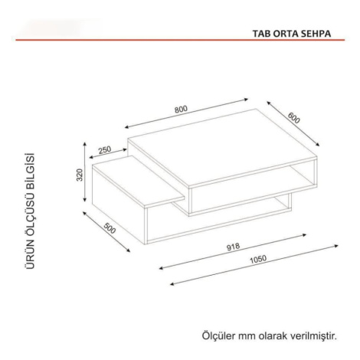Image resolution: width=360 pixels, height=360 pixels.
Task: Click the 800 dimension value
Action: tap(181, 109)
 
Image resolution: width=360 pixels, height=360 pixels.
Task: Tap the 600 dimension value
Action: tap(294, 118)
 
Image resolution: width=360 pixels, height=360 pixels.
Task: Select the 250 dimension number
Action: tap(105, 149)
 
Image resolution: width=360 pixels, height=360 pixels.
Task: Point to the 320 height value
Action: tap(80, 175)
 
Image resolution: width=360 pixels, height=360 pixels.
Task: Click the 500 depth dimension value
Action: tap(110, 228)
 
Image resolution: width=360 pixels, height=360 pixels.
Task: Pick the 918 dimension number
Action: tap(234, 247)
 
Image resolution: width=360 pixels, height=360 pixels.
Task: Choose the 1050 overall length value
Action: tap(258, 259)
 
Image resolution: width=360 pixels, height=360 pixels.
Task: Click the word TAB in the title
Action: tap(261, 34)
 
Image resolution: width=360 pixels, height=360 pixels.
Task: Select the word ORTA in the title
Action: tap(285, 34)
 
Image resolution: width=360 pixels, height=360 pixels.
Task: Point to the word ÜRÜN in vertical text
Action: tap(30, 256)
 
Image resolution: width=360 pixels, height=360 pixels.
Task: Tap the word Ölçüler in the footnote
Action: tap(218, 335)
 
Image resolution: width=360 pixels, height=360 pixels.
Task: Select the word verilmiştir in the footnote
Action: tap(313, 335)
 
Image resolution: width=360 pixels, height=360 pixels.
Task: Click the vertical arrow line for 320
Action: tap(85, 172)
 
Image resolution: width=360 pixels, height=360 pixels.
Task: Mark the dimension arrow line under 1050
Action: tap(254, 265)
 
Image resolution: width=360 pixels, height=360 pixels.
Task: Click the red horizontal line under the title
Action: tap(180, 40)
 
